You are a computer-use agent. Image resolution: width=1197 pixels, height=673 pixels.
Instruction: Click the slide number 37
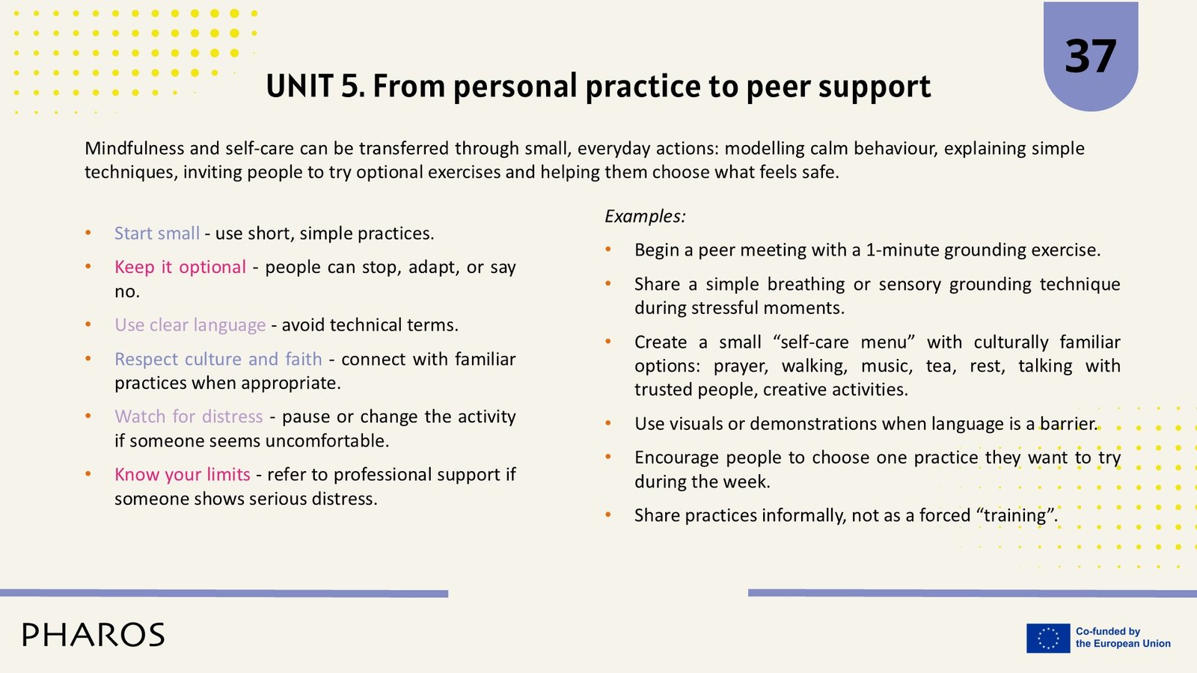(x=1090, y=56)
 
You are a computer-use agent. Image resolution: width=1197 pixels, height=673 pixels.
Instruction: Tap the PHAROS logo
(x=94, y=635)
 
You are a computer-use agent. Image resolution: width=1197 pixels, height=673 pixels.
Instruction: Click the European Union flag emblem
(x=1048, y=638)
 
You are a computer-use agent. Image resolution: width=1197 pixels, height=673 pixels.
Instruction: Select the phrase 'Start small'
(x=157, y=233)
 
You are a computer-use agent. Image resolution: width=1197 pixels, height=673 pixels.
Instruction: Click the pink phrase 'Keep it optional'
(x=180, y=266)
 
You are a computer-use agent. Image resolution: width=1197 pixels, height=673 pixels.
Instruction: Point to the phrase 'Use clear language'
(x=190, y=325)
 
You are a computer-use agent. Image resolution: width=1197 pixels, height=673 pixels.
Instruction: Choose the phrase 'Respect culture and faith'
(x=218, y=359)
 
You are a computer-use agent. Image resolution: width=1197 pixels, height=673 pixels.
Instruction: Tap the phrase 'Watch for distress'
(x=189, y=416)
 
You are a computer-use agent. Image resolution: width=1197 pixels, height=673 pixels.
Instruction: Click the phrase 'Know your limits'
(x=183, y=474)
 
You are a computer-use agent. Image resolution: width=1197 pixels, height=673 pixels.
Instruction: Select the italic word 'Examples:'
(x=645, y=216)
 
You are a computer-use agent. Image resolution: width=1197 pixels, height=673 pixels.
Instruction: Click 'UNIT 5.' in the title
(x=316, y=86)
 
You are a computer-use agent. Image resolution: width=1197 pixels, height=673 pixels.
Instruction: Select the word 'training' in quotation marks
(x=1014, y=515)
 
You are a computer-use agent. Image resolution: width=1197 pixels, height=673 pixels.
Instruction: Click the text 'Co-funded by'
(x=1108, y=631)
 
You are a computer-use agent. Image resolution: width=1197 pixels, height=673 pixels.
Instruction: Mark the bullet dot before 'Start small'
(x=88, y=233)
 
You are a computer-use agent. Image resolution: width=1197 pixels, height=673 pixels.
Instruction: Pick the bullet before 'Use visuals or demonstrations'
(x=608, y=423)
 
